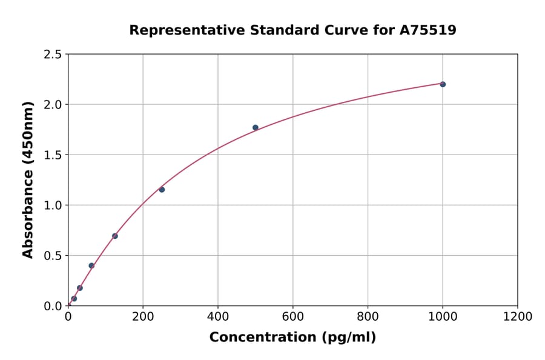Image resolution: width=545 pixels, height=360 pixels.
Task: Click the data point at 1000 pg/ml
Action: [443, 84]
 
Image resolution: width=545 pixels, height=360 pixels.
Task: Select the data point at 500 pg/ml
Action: [256, 127]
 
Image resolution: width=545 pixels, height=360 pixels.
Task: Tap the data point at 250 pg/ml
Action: [162, 190]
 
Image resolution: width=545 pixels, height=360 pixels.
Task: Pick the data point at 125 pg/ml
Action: [115, 236]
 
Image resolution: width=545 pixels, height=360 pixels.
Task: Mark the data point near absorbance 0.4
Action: [91, 265]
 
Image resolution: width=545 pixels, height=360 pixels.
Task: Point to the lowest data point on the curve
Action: [74, 298]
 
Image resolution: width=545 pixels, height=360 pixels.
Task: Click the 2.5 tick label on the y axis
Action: [53, 55]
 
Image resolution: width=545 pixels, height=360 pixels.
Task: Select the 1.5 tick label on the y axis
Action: [53, 155]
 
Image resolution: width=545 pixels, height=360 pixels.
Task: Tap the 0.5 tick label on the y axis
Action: [53, 256]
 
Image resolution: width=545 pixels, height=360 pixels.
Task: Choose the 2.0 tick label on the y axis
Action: [53, 105]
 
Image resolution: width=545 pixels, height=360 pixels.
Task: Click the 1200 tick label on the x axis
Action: [517, 316]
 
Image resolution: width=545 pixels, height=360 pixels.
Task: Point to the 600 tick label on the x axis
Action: [292, 316]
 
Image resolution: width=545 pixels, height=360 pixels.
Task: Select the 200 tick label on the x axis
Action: [143, 316]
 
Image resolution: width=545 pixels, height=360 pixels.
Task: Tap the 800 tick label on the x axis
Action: [368, 316]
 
